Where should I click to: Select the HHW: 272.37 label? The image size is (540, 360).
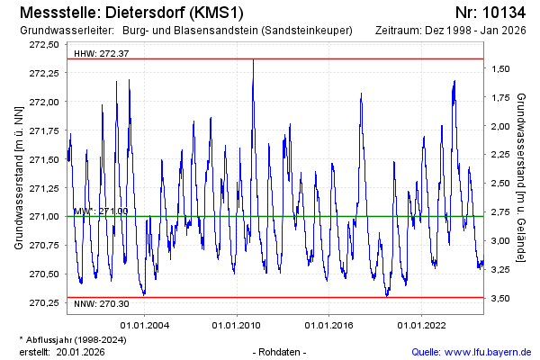(101, 54)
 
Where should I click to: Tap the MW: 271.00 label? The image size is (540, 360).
(100, 211)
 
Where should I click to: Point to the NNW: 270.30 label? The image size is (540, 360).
(102, 303)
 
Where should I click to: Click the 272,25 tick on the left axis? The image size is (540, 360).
(43, 72)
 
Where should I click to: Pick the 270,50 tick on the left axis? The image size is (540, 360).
(43, 274)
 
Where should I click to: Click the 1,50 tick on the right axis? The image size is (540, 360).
(501, 68)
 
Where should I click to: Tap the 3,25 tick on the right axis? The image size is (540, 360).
(501, 269)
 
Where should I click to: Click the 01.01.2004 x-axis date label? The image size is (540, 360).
(146, 325)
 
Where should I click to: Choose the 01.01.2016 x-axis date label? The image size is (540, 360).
(330, 325)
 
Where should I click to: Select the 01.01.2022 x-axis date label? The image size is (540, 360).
(423, 325)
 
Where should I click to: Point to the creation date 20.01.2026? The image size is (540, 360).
(81, 352)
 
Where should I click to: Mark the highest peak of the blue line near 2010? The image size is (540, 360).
(253, 60)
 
